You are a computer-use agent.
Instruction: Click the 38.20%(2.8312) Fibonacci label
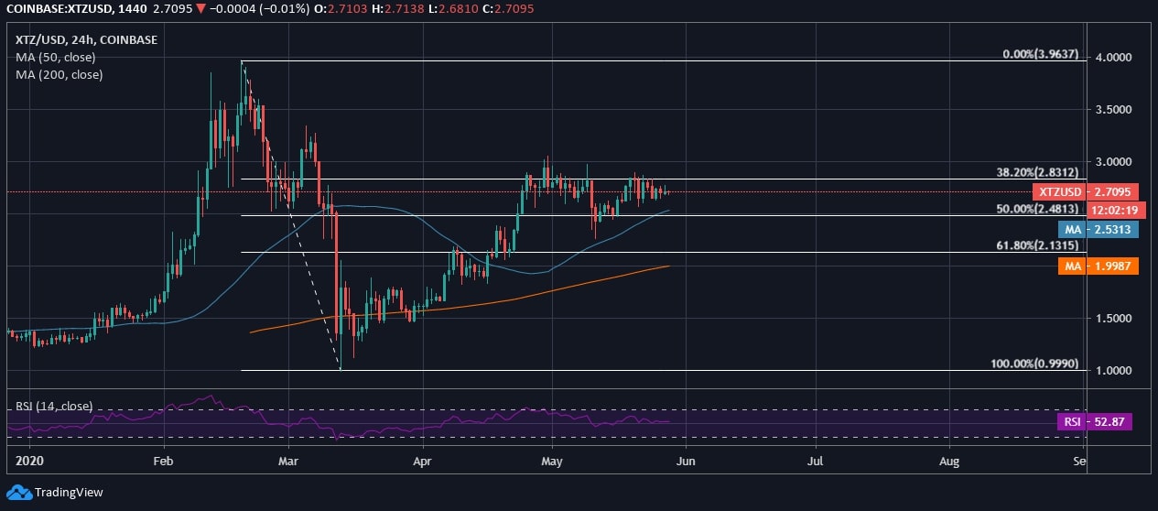1037,172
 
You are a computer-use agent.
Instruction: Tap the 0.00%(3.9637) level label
1042,54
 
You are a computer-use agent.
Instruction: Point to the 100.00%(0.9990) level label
1034,364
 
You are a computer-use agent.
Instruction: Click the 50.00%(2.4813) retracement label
1037,209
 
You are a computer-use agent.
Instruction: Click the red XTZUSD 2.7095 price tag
1085,192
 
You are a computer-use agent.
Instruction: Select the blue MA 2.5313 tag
1097,230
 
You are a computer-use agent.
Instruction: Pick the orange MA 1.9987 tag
1097,266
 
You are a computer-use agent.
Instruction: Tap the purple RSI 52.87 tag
1095,422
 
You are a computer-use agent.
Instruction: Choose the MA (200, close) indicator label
60,74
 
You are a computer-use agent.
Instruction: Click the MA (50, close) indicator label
56,57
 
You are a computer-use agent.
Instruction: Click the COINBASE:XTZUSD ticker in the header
54,8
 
